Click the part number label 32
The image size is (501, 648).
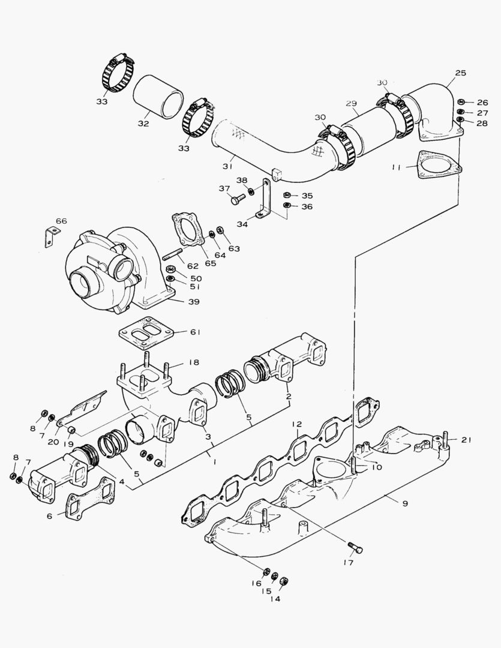point(143,124)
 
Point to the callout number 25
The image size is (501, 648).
point(460,73)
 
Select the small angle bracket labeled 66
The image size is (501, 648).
point(48,236)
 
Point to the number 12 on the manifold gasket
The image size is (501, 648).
point(296,425)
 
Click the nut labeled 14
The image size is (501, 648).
point(284,581)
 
